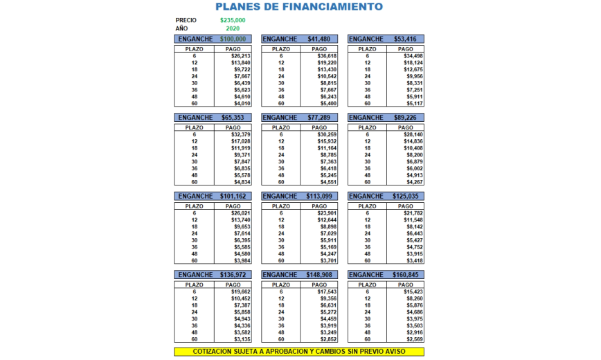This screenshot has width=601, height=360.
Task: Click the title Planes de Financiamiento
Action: (x=298, y=7)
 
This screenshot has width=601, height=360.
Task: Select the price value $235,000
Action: (x=233, y=20)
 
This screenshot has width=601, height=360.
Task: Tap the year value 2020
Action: (x=233, y=28)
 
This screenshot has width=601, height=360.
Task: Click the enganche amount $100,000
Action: (x=233, y=39)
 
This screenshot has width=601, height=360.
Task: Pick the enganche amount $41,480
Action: (x=319, y=39)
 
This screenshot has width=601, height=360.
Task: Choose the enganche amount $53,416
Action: (x=404, y=39)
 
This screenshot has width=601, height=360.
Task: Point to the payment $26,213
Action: (x=240, y=56)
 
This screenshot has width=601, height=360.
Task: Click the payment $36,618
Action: (x=327, y=56)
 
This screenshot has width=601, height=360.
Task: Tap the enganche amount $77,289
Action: (x=319, y=118)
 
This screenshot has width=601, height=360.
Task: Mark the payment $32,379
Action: (x=240, y=134)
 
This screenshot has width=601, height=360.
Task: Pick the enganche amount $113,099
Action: (x=319, y=196)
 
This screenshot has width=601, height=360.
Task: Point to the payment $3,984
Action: (x=240, y=261)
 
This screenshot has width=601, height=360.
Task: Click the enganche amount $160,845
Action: (x=404, y=275)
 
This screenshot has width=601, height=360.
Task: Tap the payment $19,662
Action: (x=240, y=291)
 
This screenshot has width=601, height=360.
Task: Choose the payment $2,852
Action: (x=327, y=339)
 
